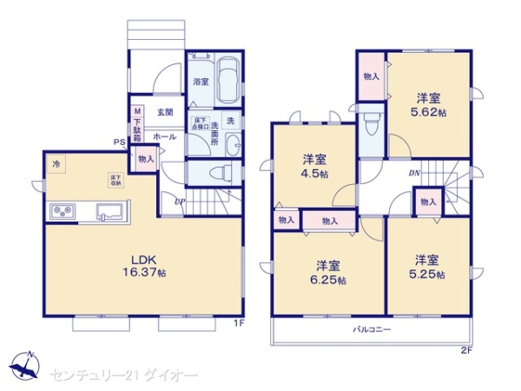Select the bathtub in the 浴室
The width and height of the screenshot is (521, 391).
[x=228, y=81]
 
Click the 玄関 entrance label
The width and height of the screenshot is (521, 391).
[x=165, y=112]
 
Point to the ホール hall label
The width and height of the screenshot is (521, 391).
[x=165, y=136]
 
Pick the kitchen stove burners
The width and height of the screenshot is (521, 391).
[x=63, y=210]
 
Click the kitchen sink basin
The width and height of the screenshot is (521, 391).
[x=110, y=211]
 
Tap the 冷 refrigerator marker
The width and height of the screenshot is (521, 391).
[x=56, y=163]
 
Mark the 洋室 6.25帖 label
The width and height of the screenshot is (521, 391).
[x=327, y=272]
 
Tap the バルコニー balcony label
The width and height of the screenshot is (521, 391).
[x=371, y=330]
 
